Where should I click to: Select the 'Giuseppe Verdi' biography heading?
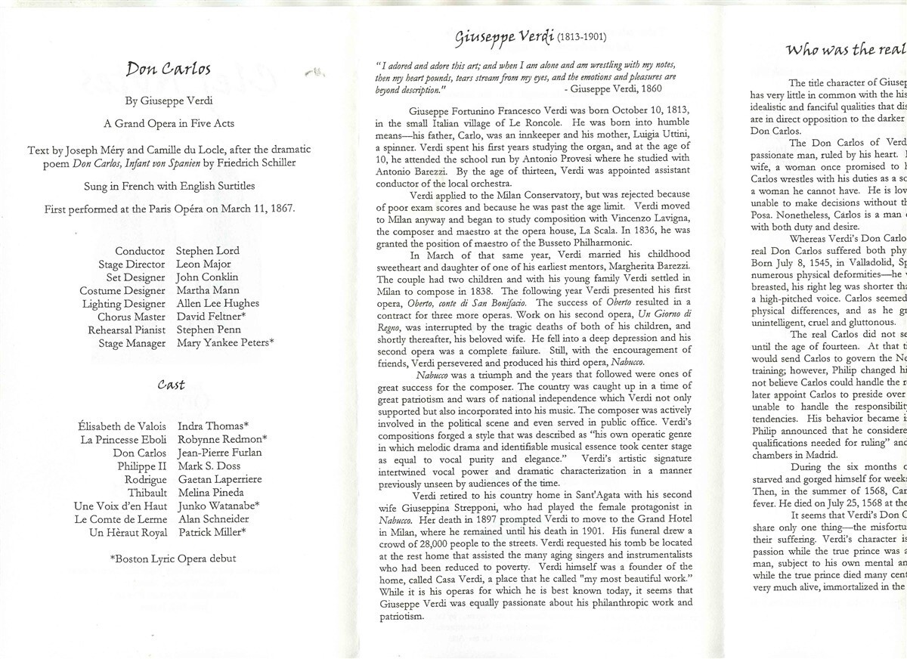pyautogui.click(x=505, y=36)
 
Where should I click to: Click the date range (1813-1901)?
pyautogui.click(x=580, y=37)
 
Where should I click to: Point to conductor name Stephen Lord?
pyautogui.click(x=207, y=251)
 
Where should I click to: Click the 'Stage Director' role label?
pyautogui.click(x=132, y=265)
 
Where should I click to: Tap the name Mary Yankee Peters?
pyautogui.click(x=225, y=343)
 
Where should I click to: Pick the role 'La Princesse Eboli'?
pyautogui.click(x=123, y=440)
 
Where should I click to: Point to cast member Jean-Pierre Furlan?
pyautogui.click(x=219, y=453)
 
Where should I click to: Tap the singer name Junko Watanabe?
pyautogui.click(x=219, y=506)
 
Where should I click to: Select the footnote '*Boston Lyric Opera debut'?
pyautogui.click(x=173, y=558)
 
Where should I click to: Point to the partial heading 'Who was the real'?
pyautogui.click(x=845, y=51)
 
